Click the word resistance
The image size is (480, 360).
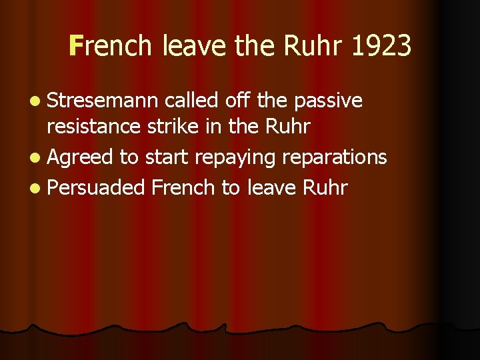pyautogui.click(x=95, y=127)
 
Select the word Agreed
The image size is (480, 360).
pyautogui.click(x=81, y=157)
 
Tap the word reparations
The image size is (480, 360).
pyautogui.click(x=335, y=157)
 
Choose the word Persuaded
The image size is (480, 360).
pyautogui.click(x=97, y=187)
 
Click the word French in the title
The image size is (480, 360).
pyautogui.click(x=112, y=47)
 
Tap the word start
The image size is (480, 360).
pyautogui.click(x=163, y=157)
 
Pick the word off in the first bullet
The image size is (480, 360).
pyautogui.click(x=239, y=101)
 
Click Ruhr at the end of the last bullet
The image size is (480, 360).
pyautogui.click(x=325, y=187)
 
